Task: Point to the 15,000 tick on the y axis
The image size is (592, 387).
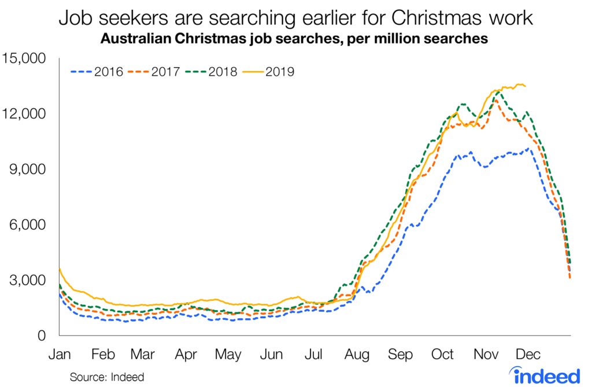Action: pyautogui.click(x=27, y=58)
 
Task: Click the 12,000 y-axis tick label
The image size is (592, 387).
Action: pyautogui.click(x=27, y=114)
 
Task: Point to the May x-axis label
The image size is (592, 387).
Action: pyautogui.click(x=228, y=354)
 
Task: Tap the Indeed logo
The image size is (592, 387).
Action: pyautogui.click(x=547, y=375)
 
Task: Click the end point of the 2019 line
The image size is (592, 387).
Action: pyautogui.click(x=525, y=86)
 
